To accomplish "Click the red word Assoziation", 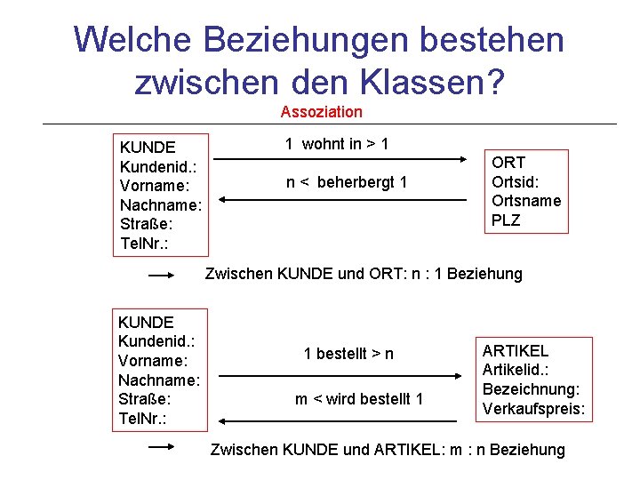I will pos(321,112).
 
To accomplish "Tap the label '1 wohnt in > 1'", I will pos(337,144).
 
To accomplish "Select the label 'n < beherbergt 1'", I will pos(346,182).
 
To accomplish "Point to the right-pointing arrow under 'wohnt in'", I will pos(347,160).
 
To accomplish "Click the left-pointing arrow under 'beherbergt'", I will pos(347,201).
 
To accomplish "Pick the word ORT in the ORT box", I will pos(508,163).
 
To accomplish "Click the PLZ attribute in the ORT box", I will pos(506,220).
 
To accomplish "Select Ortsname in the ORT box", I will pos(526,201).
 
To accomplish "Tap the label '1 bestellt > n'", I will pos(348,354).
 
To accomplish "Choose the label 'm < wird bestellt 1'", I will pos(358,399).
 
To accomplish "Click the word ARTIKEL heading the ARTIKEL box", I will pos(516,351).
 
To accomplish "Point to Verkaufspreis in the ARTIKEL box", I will pos(533,409).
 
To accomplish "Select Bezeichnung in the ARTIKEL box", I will pos(531,389).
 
